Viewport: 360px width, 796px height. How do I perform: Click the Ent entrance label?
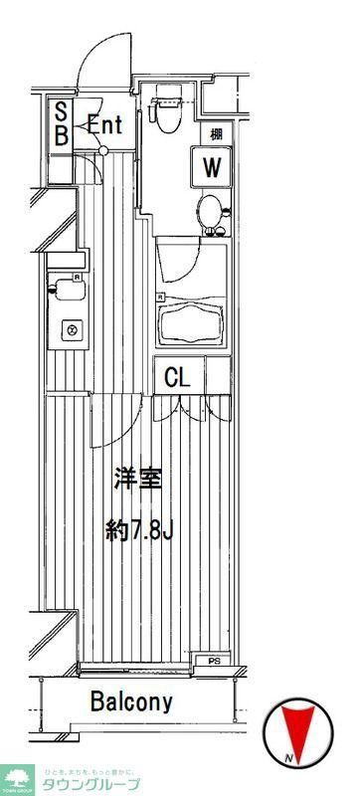104,126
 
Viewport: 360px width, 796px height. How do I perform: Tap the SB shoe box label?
60,124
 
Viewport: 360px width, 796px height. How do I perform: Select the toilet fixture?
167,112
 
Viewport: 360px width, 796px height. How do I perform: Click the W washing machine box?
210,166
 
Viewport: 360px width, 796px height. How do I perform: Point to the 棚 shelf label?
215,132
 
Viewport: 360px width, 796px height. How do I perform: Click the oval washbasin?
209,212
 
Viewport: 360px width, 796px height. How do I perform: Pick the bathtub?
193,320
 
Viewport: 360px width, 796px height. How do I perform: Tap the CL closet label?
178,377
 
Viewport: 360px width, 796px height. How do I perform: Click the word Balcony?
131,701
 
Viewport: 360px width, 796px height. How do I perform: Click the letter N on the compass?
286,761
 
